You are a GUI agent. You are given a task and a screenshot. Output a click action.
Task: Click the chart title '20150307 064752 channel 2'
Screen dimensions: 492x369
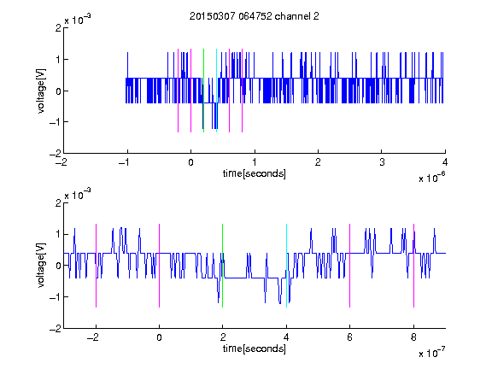tap(255, 16)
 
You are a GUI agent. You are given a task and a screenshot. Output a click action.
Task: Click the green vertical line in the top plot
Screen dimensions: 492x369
tap(203, 91)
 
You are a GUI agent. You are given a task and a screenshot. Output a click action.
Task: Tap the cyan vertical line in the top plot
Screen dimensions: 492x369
tap(216, 91)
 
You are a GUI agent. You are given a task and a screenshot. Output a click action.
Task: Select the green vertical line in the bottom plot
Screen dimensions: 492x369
tap(222, 266)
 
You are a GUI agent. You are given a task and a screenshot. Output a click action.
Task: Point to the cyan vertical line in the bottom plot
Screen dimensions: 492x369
tap(286, 266)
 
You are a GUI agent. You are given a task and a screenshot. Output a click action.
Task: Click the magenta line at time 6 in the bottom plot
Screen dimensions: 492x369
tap(350, 266)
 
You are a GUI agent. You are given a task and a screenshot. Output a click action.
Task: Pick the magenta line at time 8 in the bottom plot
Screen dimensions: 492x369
tap(414, 266)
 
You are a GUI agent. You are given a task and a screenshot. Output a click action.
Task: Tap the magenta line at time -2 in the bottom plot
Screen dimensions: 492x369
tap(96, 266)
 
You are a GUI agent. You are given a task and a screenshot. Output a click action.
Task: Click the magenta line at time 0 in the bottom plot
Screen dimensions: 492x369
tap(160, 266)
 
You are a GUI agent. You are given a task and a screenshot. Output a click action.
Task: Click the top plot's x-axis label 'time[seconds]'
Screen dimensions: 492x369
tap(255, 173)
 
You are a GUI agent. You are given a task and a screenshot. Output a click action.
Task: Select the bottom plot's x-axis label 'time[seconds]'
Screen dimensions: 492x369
tap(255, 348)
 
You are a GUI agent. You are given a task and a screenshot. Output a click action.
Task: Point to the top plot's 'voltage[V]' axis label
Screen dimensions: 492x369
tap(41, 91)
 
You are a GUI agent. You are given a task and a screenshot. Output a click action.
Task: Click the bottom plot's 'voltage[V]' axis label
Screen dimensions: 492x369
tap(41, 266)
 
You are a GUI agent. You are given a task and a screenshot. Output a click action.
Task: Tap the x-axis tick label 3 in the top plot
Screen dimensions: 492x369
tap(382, 162)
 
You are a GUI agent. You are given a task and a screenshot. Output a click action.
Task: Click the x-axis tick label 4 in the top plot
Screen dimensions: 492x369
tap(445, 162)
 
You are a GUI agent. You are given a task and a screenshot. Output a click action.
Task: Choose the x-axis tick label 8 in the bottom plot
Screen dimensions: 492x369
tap(413, 337)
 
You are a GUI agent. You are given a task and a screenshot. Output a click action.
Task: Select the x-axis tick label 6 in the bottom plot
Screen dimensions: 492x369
tap(350, 337)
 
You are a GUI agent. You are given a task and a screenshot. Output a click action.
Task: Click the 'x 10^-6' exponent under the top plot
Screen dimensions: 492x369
tap(431, 178)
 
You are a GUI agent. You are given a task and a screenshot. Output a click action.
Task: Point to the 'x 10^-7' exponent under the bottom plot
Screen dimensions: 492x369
tap(431, 353)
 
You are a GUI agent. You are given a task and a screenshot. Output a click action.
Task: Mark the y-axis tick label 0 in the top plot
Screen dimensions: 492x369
tap(58, 91)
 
